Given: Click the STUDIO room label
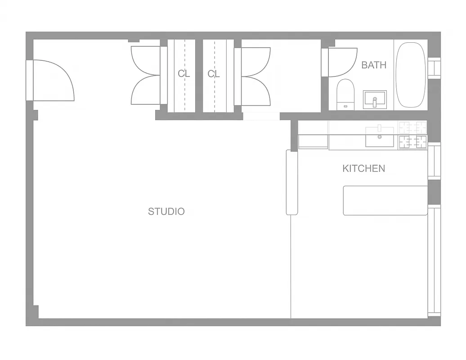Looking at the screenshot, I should [x=166, y=211].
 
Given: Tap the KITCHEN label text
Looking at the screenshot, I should [x=364, y=169].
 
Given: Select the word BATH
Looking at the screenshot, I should [x=374, y=65].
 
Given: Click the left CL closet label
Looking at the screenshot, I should [x=184, y=74].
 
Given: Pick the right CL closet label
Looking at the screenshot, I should [x=214, y=74].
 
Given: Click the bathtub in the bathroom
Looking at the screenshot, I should [x=411, y=75].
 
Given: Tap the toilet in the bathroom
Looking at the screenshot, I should [x=345, y=94].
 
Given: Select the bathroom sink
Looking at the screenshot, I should [x=375, y=99].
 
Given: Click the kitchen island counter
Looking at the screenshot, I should [x=385, y=201].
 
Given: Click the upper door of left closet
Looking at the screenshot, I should [x=146, y=60].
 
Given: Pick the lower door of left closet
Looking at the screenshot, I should [x=146, y=90].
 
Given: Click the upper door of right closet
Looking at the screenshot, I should [x=256, y=61].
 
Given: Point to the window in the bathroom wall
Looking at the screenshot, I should [x=434, y=68].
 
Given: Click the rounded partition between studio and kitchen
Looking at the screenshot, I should [x=292, y=182].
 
